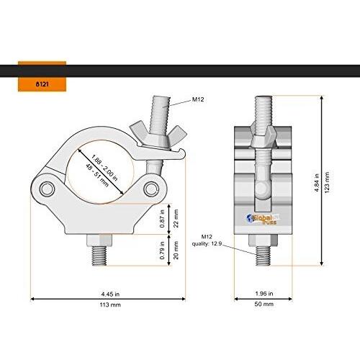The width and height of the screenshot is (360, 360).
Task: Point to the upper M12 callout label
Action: click(x=198, y=99)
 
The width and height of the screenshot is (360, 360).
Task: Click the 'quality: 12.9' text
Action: click(x=207, y=244)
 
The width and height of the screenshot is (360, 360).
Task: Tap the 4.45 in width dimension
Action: click(x=110, y=294)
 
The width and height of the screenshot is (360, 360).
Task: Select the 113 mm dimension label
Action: click(x=110, y=305)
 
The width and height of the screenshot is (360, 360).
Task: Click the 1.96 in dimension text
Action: click(x=264, y=294)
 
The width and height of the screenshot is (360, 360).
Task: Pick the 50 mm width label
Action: click(x=264, y=304)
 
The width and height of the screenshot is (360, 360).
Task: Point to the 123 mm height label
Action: click(x=327, y=183)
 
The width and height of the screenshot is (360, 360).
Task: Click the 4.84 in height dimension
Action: click(x=317, y=183)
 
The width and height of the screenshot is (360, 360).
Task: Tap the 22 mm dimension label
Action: click(x=176, y=218)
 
